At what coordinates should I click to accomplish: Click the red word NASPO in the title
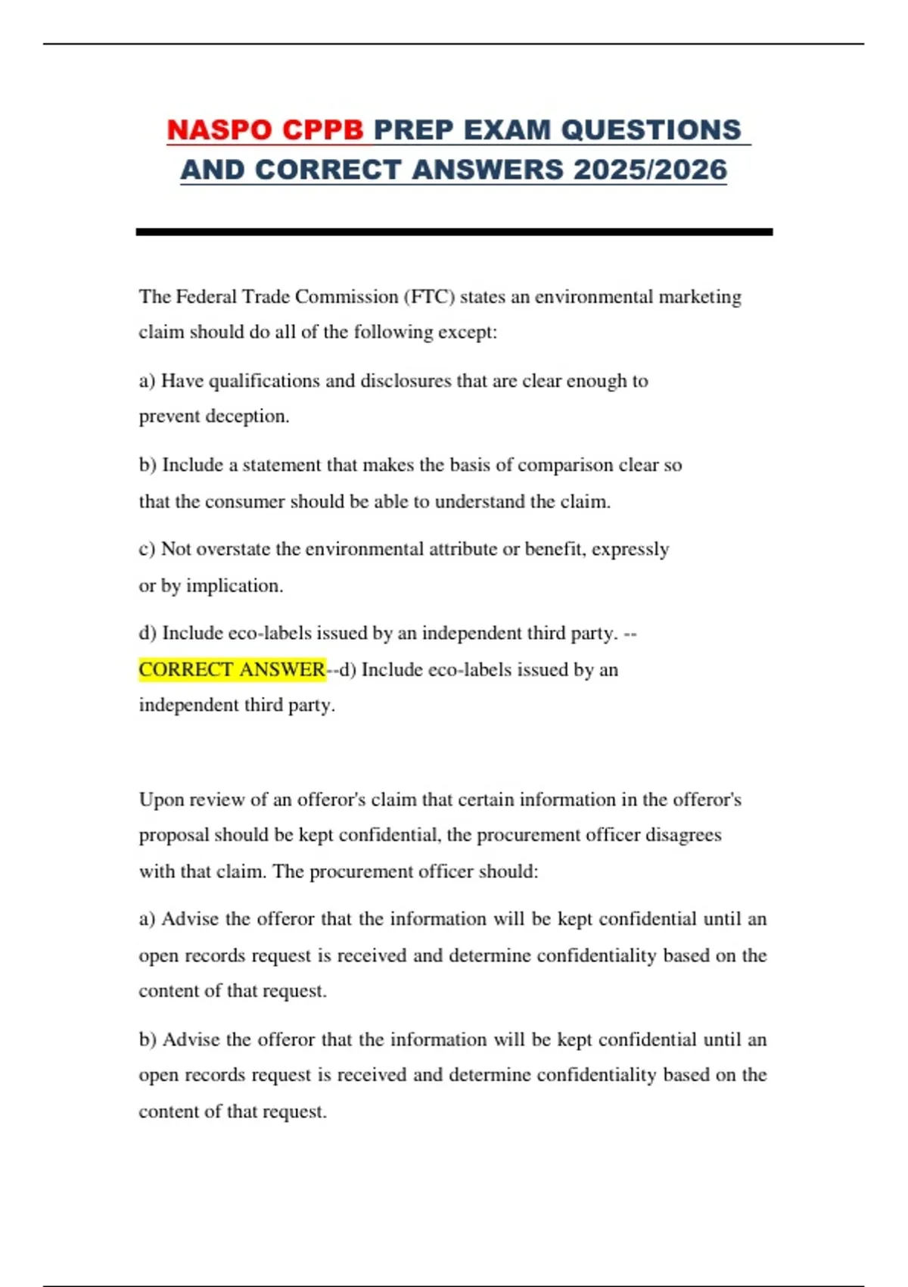pyautogui.click(x=214, y=130)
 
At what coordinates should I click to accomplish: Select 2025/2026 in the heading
pyautogui.click(x=650, y=170)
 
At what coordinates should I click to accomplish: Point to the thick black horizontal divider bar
pyautogui.click(x=454, y=232)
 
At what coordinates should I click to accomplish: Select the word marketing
pyautogui.click(x=700, y=297)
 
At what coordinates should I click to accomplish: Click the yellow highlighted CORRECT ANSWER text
pyautogui.click(x=232, y=669)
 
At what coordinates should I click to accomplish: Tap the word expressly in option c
pyautogui.click(x=630, y=549)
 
